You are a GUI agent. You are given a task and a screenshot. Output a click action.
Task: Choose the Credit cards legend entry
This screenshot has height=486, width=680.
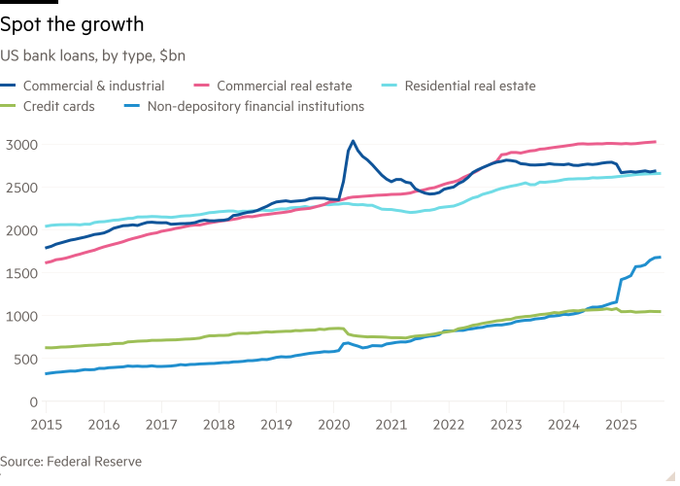point(58,106)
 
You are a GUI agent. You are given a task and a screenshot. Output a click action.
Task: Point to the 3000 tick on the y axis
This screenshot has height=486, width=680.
point(20,145)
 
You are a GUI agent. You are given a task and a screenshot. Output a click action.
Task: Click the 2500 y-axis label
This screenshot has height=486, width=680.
point(20,188)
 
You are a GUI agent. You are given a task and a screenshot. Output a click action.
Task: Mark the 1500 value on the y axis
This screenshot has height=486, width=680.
point(20,273)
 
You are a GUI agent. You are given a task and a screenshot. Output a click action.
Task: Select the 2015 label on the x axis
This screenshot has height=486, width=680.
point(46,424)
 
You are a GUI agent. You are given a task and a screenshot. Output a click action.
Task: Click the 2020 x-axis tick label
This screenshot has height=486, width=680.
point(333,424)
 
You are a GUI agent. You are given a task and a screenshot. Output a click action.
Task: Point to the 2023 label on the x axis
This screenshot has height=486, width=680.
point(505,424)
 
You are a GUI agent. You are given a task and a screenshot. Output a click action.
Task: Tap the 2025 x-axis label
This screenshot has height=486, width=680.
point(621,424)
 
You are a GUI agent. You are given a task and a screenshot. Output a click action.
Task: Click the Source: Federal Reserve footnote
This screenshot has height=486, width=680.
point(72,462)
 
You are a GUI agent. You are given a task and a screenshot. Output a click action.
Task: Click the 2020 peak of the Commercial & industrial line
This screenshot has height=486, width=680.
point(353,141)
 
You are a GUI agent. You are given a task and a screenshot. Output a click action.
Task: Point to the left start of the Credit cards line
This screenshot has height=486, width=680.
point(46,348)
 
